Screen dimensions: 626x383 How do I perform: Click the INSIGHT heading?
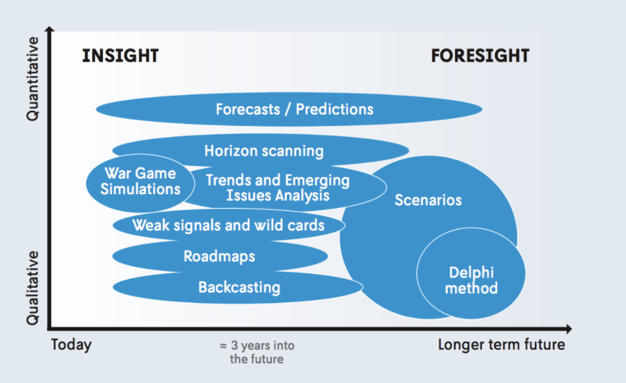pyautogui.click(x=120, y=56)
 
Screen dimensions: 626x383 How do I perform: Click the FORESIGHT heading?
pyautogui.click(x=480, y=56)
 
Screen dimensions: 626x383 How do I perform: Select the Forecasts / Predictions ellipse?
pyautogui.click(x=289, y=109)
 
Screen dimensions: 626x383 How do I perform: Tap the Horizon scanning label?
pyautogui.click(x=264, y=151)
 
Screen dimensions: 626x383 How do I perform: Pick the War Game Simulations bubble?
pyautogui.click(x=140, y=183)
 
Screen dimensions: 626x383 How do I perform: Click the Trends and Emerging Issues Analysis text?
pyautogui.click(x=278, y=188)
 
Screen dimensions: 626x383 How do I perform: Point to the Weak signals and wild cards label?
pyautogui.click(x=229, y=225)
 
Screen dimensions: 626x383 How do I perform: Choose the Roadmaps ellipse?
pyautogui.click(x=220, y=256)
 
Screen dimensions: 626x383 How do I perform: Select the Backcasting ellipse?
pyautogui.click(x=238, y=287)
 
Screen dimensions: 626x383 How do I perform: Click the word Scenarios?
pyautogui.click(x=428, y=200)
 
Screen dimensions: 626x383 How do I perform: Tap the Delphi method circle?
pyautogui.click(x=471, y=273)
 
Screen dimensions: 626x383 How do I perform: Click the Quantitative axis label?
pyautogui.click(x=32, y=79)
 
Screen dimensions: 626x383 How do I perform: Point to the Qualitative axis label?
pyautogui.click(x=32, y=288)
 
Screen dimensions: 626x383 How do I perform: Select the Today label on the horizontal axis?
pyautogui.click(x=71, y=344)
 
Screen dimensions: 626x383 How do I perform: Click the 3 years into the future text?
pyautogui.click(x=257, y=352)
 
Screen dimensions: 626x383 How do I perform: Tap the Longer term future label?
pyautogui.click(x=502, y=344)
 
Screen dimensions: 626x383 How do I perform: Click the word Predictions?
pyautogui.click(x=335, y=109)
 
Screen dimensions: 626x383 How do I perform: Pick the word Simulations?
pyautogui.click(x=140, y=189)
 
